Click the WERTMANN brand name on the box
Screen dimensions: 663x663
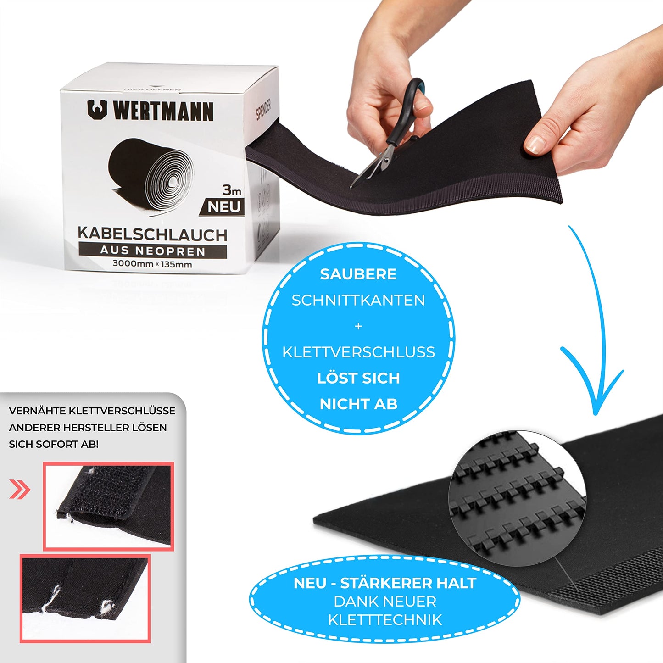pyautogui.click(x=163, y=111)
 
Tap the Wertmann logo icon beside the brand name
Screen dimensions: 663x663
pyautogui.click(x=97, y=109)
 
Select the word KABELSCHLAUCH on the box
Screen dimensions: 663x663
pyautogui.click(x=152, y=234)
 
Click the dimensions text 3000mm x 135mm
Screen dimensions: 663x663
pyautogui.click(x=152, y=264)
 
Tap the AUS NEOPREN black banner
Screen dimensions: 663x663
pyautogui.click(x=152, y=251)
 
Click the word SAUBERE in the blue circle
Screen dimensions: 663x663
pyautogui.click(x=358, y=274)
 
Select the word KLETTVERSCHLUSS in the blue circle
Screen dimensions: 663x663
pyautogui.click(x=358, y=352)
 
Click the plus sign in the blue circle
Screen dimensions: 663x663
pyautogui.click(x=358, y=326)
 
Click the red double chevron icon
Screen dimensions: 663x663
pyautogui.click(x=20, y=490)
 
